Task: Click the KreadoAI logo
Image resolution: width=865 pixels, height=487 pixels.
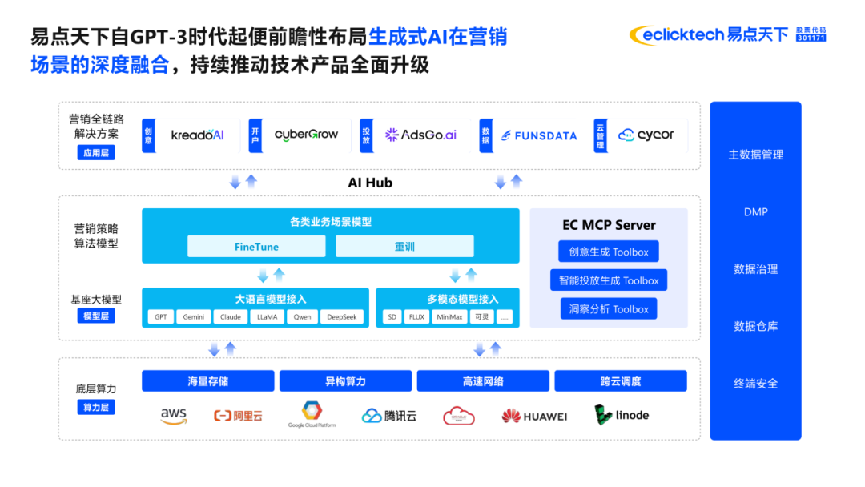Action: (x=198, y=135)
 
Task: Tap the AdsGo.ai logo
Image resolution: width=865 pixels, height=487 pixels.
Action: (x=420, y=135)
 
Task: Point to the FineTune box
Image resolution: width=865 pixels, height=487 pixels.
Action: (x=256, y=247)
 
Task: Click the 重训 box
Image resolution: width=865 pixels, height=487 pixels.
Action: (x=404, y=247)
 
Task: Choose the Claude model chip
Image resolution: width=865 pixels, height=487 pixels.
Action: (x=231, y=317)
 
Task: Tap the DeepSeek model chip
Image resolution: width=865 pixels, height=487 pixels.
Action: (x=343, y=317)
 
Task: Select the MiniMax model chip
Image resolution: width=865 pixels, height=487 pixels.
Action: (x=449, y=317)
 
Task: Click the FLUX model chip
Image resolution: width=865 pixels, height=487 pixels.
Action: (x=416, y=317)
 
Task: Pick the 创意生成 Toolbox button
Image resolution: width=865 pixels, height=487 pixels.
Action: (x=609, y=252)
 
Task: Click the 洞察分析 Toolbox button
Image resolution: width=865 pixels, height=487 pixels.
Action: (x=609, y=309)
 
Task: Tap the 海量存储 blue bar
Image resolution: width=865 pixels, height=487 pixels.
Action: (x=208, y=381)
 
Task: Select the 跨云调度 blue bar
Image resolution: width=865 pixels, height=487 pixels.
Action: (x=621, y=381)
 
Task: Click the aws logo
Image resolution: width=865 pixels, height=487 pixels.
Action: (x=173, y=416)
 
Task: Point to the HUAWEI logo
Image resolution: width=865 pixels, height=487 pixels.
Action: (x=534, y=417)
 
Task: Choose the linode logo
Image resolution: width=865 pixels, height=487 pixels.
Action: (x=622, y=415)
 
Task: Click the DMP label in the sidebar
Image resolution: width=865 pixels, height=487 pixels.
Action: (x=755, y=212)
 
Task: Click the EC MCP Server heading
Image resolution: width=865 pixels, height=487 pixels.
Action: (x=609, y=225)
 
